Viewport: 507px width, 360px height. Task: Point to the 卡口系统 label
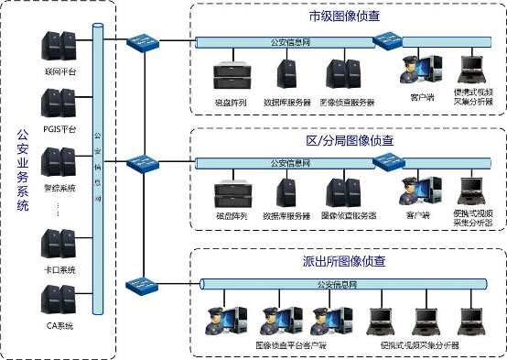(x=59, y=269)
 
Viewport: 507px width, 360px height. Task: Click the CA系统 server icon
(x=57, y=300)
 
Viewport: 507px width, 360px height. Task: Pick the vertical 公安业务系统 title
(x=24, y=170)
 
